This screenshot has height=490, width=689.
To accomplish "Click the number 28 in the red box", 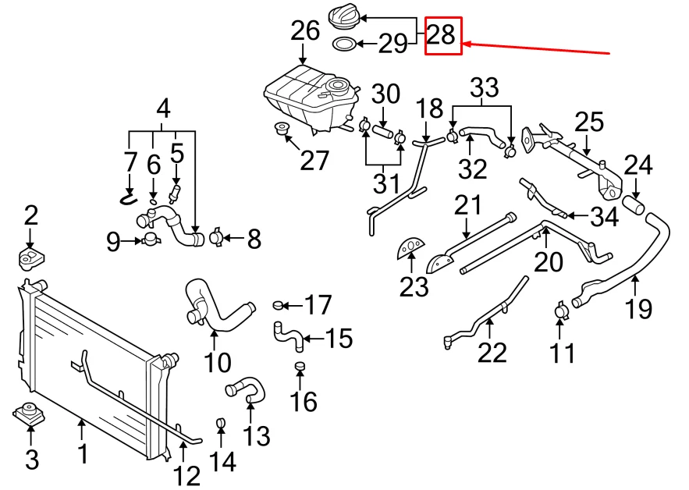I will pyautogui.click(x=442, y=36).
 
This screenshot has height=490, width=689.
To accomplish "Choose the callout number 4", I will pyautogui.click(x=162, y=108).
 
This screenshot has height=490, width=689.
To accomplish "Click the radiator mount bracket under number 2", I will pyautogui.click(x=30, y=257).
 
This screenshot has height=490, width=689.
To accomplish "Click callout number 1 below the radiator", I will pyautogui.click(x=83, y=452).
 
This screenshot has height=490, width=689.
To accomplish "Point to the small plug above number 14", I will pyautogui.click(x=220, y=424).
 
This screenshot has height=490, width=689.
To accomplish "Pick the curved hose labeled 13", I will pyautogui.click(x=245, y=388).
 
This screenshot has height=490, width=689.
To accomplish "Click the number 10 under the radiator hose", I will pyautogui.click(x=218, y=362).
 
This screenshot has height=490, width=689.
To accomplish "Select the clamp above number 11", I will pyautogui.click(x=562, y=311).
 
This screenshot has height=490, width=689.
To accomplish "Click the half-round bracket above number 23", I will pyautogui.click(x=410, y=247).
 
